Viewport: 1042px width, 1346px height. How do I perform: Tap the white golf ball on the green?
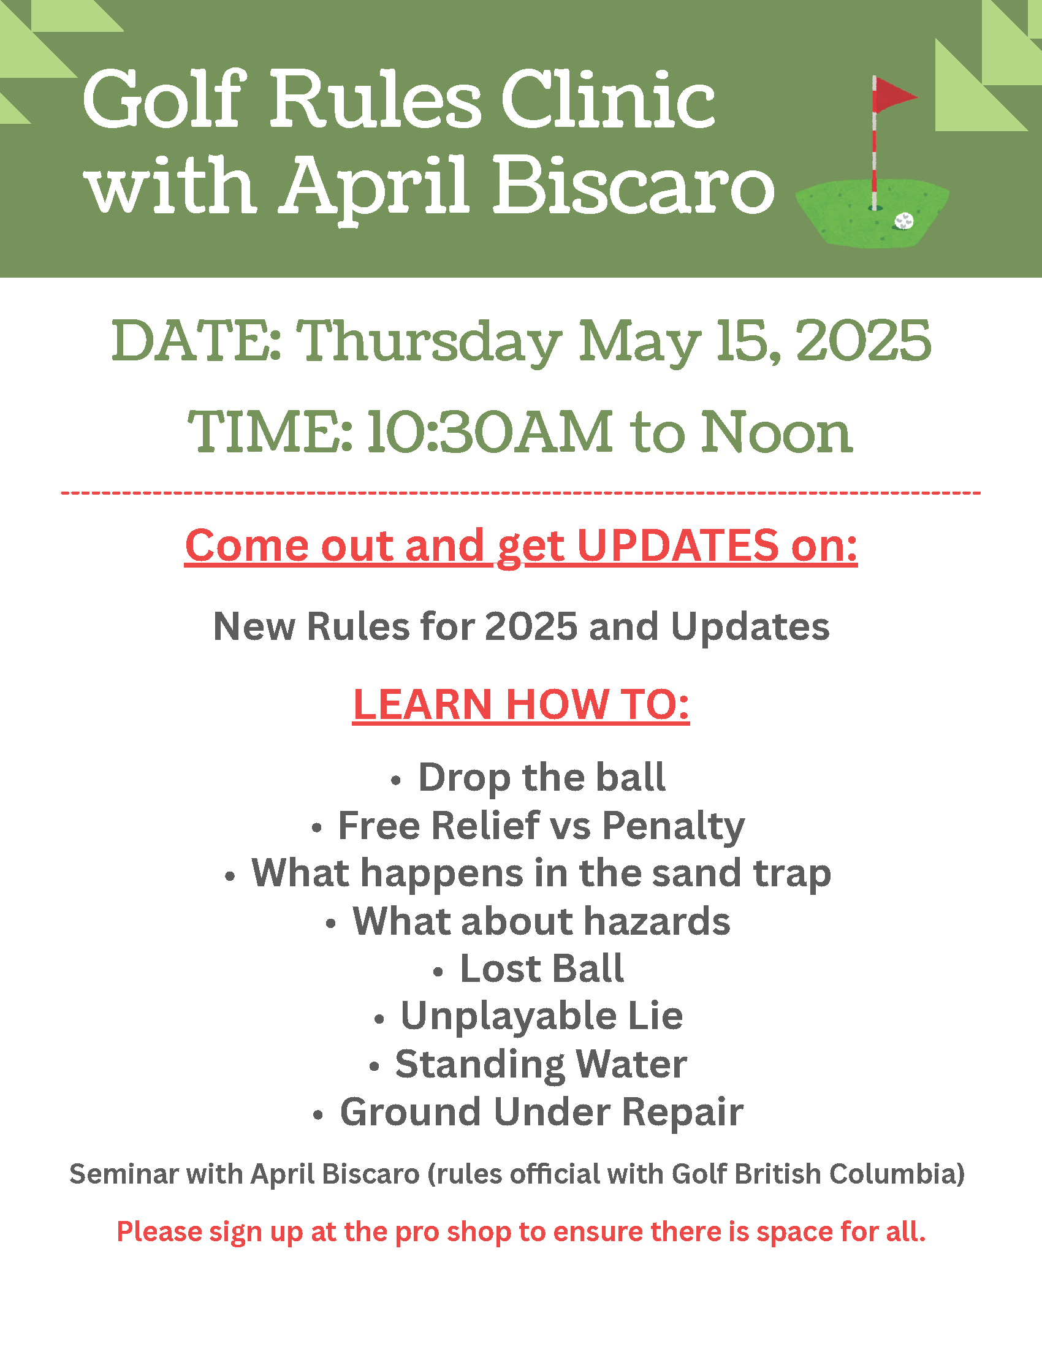[x=904, y=221]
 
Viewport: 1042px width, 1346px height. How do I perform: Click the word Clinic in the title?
[x=608, y=100]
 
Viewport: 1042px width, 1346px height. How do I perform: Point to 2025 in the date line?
[x=863, y=340]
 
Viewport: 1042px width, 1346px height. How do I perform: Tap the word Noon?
[x=777, y=432]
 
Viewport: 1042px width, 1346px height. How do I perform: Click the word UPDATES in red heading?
[x=679, y=546]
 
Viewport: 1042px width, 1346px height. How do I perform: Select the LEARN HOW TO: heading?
[x=520, y=704]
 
